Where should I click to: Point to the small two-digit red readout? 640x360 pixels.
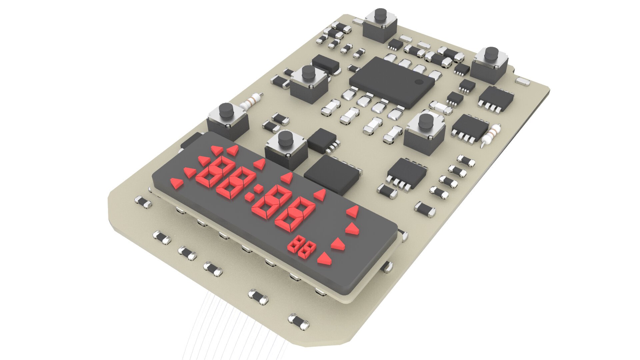coord(301,248)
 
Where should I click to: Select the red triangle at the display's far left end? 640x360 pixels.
coord(177,183)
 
